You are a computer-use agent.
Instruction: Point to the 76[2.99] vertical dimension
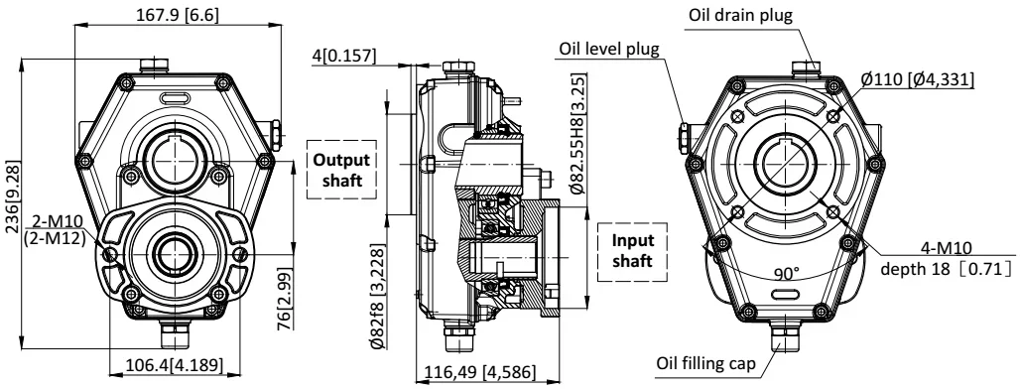(x=285, y=298)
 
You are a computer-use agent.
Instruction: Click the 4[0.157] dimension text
(x=344, y=56)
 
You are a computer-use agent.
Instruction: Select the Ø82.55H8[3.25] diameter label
(x=577, y=133)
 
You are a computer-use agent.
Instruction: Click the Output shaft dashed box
(x=341, y=170)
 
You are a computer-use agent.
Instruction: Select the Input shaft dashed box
(x=632, y=251)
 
